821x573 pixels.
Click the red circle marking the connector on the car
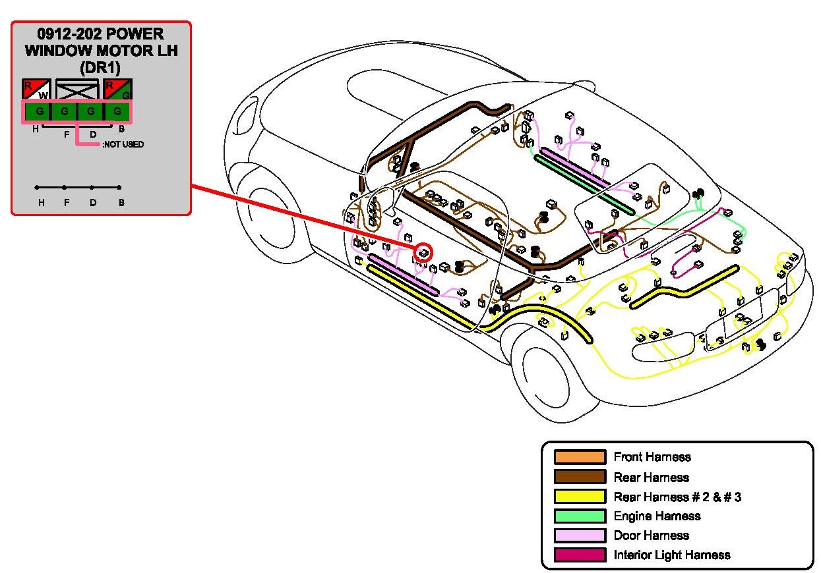[423, 252]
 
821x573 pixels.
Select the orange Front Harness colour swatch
[580, 457]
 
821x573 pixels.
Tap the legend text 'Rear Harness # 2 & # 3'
[677, 497]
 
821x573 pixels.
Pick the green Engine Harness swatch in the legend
[580, 516]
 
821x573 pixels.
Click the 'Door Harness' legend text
[651, 535]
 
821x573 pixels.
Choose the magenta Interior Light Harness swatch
[580, 555]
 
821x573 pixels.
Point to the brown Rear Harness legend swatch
[580, 477]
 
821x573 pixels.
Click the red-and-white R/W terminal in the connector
[36, 89]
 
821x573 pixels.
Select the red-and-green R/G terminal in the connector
[118, 89]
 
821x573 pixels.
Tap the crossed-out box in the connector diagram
[77, 89]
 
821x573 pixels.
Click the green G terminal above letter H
[40, 111]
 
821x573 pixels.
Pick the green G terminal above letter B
[117, 111]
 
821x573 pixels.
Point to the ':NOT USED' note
[123, 144]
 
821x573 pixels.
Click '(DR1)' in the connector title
[100, 67]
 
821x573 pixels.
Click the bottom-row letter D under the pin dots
[93, 203]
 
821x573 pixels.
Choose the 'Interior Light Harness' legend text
[672, 555]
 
